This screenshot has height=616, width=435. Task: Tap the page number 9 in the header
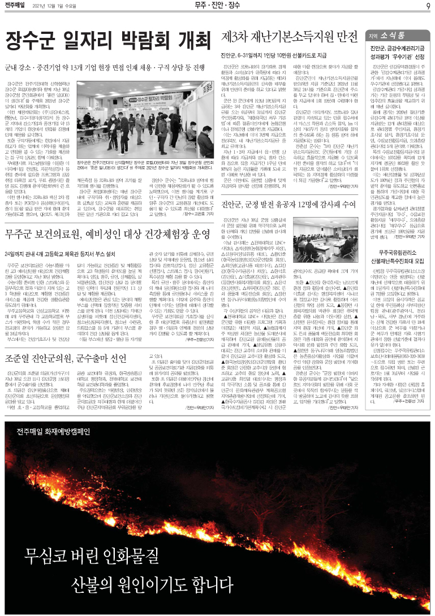428,6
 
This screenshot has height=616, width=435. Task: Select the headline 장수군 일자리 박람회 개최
107,41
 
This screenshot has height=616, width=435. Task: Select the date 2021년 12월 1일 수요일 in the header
63,7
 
